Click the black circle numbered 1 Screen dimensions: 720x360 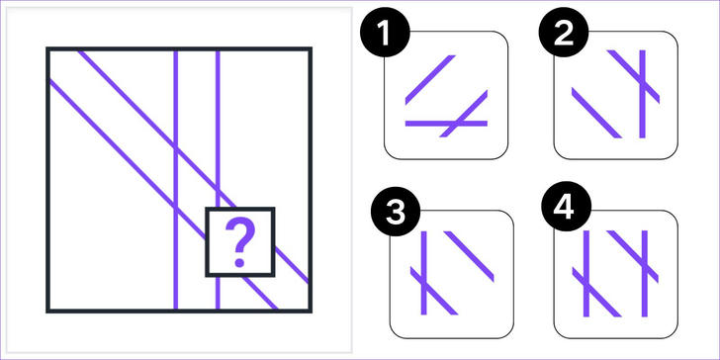pos(385,32)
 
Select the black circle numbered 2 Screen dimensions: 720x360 pos(564,32)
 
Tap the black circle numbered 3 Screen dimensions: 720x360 pos(396,212)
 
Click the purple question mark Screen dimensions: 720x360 pos(239,243)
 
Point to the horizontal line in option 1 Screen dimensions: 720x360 pos(446,123)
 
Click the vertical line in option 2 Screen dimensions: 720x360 pos(642,94)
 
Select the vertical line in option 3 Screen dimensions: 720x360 pos(423,273)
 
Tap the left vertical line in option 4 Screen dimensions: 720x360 pos(585,274)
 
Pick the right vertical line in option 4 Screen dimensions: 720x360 pos(644,274)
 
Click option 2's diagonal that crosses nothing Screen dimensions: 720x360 pos(596,113)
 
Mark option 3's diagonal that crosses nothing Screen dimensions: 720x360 pos(469,256)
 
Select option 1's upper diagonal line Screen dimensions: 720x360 pos(430,80)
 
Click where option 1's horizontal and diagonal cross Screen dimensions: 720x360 pos(454,123)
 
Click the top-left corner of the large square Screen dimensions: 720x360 pos(47,48)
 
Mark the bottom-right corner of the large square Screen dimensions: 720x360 pos(311,311)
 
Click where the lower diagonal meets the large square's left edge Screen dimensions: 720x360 pos(49,82)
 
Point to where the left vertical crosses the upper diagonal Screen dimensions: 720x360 pos(175,149)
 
